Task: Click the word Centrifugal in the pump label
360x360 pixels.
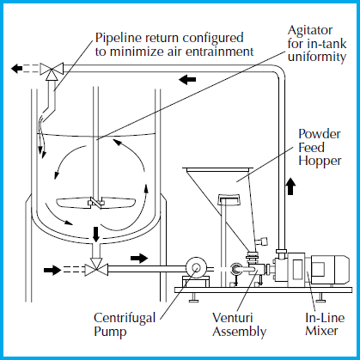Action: (x=125, y=319)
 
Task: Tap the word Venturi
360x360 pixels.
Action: (x=233, y=317)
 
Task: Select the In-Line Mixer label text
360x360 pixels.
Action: (x=325, y=324)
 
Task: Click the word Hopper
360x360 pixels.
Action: (x=320, y=161)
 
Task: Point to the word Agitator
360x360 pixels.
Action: (x=310, y=30)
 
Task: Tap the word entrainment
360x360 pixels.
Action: (x=220, y=52)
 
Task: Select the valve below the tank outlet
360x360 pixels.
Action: (x=96, y=268)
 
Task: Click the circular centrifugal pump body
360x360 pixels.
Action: (x=196, y=268)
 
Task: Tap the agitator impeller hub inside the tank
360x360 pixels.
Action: (x=96, y=203)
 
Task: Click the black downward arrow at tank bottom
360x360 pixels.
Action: (x=96, y=235)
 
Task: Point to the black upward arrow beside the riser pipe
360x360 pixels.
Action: (x=291, y=186)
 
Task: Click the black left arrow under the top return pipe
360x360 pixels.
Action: (x=187, y=79)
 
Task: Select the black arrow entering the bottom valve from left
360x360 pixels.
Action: (x=52, y=270)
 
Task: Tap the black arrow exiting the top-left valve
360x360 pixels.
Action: (x=17, y=69)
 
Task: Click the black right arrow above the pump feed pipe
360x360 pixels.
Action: (x=139, y=258)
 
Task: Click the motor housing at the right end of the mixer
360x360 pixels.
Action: (x=330, y=270)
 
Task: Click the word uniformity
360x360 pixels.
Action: (x=317, y=57)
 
